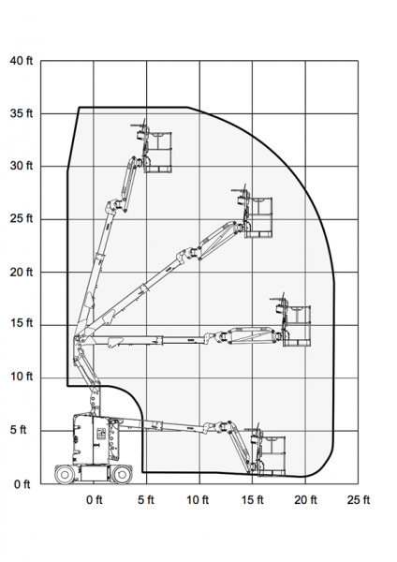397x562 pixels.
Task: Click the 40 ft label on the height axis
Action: tap(22, 61)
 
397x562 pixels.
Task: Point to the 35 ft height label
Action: tap(22, 113)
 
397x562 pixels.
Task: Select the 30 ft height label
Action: tap(22, 166)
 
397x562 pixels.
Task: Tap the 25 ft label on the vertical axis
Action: tap(22, 218)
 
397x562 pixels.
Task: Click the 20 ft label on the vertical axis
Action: tap(22, 273)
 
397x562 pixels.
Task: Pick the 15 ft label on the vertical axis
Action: tap(22, 323)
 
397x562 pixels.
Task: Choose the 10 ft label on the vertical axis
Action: tap(22, 377)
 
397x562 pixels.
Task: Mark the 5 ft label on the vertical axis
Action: tap(19, 429)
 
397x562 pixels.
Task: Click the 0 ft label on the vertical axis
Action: tap(22, 484)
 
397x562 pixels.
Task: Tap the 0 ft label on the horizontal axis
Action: tap(95, 499)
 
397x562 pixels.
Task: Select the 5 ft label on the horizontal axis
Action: tap(146, 499)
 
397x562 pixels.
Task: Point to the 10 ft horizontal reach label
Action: tap(198, 499)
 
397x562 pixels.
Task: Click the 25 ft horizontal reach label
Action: tap(359, 499)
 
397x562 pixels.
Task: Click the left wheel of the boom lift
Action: tap(65, 475)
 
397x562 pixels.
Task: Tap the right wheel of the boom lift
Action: tap(122, 475)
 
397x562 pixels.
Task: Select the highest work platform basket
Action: tap(157, 153)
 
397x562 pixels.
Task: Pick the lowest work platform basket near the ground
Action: tap(272, 456)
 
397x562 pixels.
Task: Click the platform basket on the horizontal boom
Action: tap(296, 326)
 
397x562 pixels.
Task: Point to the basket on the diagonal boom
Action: tap(258, 217)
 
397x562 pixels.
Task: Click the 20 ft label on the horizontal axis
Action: tap(305, 499)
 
